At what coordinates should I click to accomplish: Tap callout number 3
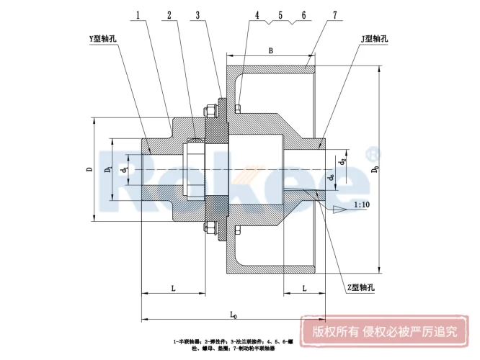[197, 14]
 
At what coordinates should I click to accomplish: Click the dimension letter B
[270, 50]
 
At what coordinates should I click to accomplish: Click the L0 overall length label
[234, 314]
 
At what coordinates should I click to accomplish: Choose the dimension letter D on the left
[89, 170]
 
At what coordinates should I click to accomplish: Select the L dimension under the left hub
[173, 288]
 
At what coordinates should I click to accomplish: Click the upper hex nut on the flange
[210, 111]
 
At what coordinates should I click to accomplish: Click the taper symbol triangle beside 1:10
[339, 208]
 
